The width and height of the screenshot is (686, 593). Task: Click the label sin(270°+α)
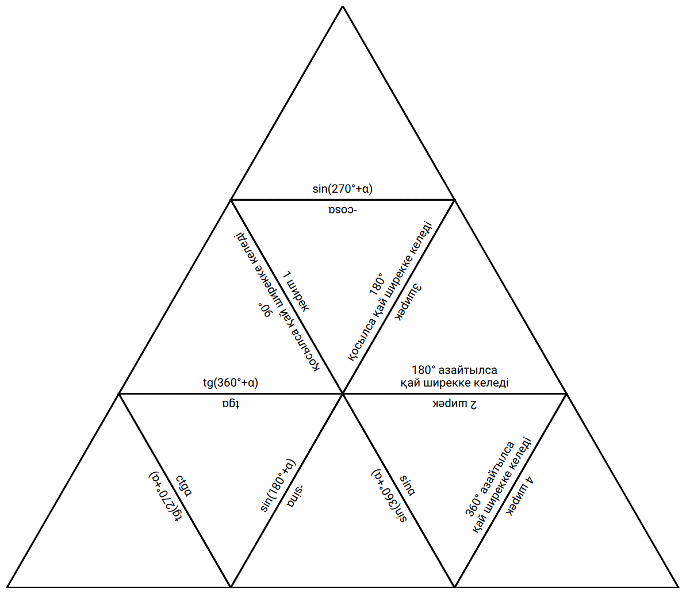[x=343, y=188]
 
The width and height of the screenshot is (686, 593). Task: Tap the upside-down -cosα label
[x=343, y=209]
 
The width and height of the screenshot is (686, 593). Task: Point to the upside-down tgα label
[x=229, y=404]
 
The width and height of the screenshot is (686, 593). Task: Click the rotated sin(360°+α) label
[x=388, y=496]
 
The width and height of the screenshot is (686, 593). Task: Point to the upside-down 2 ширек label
[x=455, y=404]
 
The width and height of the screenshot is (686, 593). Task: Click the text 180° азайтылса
[x=454, y=370]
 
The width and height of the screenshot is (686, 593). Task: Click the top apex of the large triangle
[x=343, y=6]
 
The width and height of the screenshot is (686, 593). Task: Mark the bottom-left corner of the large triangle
[x=7, y=587]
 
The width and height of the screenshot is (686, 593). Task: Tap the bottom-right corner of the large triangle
[x=678, y=587]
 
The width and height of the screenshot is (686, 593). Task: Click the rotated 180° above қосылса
[x=377, y=285]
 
